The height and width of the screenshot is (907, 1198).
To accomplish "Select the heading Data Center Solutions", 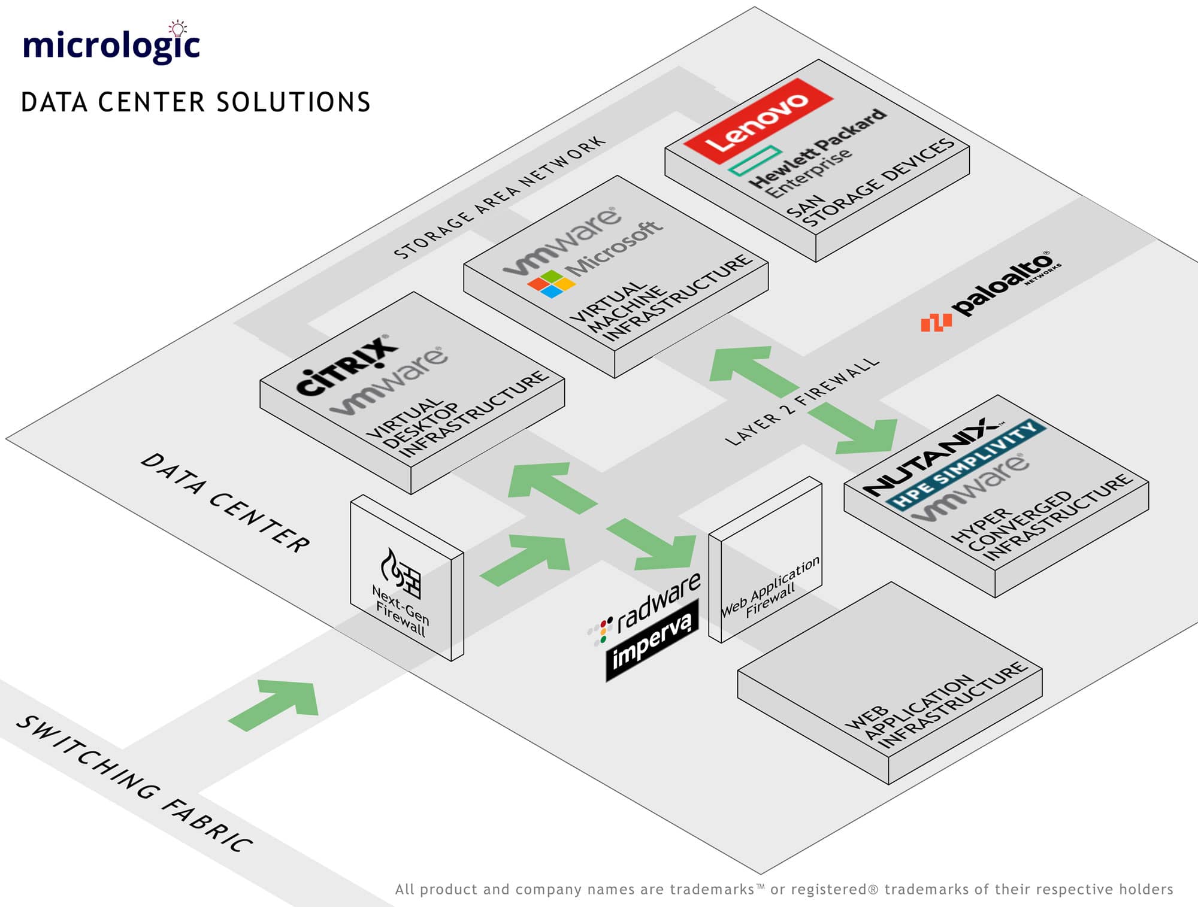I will pos(195,102).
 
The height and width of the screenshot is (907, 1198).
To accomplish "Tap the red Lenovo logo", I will pos(758,122).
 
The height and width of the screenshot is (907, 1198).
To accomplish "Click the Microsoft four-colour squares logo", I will pos(551,284).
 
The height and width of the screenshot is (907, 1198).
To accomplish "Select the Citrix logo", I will pos(347,365).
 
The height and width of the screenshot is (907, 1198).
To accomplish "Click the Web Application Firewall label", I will pos(770,590).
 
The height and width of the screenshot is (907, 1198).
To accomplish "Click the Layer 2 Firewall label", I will pos(802,401).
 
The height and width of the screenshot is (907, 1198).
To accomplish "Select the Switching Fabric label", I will pos(134,784).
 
